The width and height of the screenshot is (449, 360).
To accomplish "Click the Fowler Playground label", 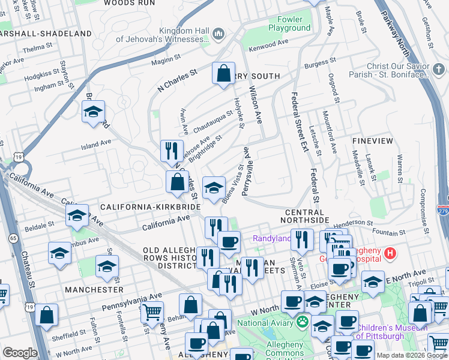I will (289, 23).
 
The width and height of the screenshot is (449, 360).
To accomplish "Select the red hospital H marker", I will (391, 254).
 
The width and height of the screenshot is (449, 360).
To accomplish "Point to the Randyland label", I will (271, 238).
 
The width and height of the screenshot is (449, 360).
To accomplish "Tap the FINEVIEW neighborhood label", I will (373, 141).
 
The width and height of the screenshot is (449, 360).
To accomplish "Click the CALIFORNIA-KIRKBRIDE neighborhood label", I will (150, 206).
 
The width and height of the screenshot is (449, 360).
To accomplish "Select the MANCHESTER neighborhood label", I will (95, 289).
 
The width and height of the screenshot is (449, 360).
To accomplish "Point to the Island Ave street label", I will (97, 144).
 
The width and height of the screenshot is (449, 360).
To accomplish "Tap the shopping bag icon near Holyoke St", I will (223, 74).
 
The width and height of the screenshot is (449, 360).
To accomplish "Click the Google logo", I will (19, 353).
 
